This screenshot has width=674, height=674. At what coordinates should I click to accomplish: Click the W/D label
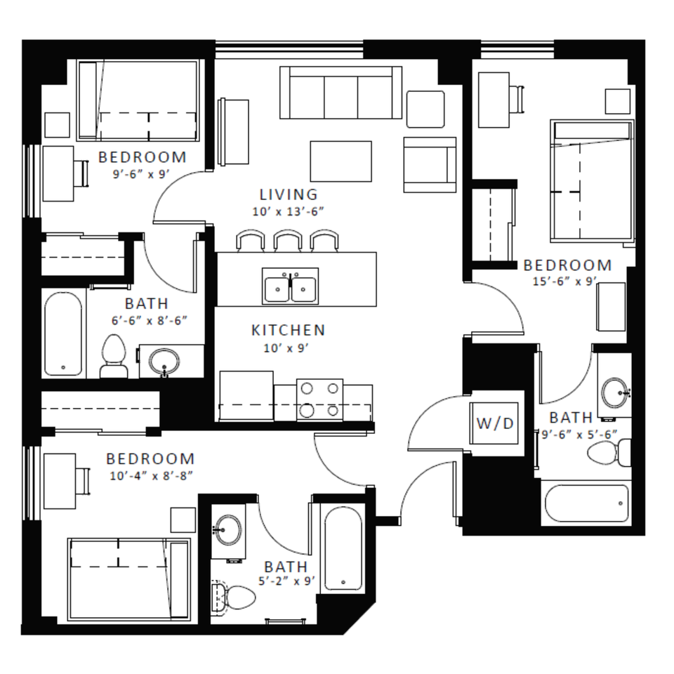point(495,423)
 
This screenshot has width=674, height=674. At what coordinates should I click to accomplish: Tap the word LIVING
point(289,194)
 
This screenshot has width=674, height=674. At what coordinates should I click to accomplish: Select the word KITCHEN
point(288,330)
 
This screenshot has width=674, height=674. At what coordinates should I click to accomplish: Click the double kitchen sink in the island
point(290,286)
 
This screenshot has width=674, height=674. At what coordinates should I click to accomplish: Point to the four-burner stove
point(320,399)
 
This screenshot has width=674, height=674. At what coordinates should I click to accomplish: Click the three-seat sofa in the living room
point(341,93)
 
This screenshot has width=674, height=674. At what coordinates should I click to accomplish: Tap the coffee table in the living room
point(341,161)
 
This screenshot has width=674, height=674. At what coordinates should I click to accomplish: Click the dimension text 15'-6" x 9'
point(564,282)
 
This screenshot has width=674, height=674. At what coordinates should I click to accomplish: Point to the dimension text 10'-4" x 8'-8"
point(151,476)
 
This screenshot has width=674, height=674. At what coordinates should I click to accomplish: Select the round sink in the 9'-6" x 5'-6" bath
point(615,392)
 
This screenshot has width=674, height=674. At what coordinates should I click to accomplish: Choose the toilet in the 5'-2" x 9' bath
point(234,597)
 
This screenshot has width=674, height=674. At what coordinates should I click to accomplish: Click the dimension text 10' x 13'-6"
point(288,211)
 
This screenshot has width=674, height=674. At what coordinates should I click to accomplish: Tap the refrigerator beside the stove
point(246,396)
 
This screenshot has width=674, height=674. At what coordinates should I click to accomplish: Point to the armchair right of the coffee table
point(430,164)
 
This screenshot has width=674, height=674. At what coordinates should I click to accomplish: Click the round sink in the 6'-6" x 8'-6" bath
point(164,362)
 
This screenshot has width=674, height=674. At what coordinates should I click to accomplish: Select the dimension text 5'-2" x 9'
point(286,581)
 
